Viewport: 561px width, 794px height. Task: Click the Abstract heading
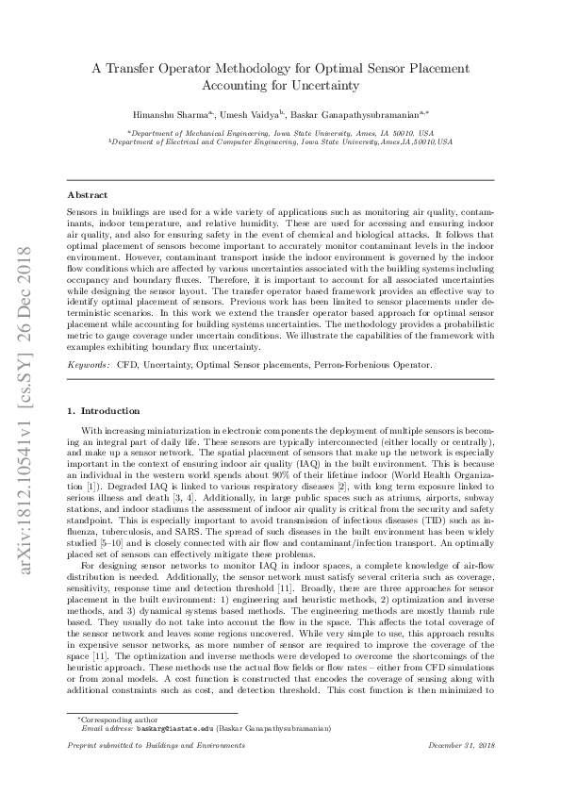(x=88, y=195)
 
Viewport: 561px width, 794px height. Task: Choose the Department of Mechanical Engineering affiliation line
(x=280, y=133)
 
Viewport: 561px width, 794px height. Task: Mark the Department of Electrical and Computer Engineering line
(x=280, y=141)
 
